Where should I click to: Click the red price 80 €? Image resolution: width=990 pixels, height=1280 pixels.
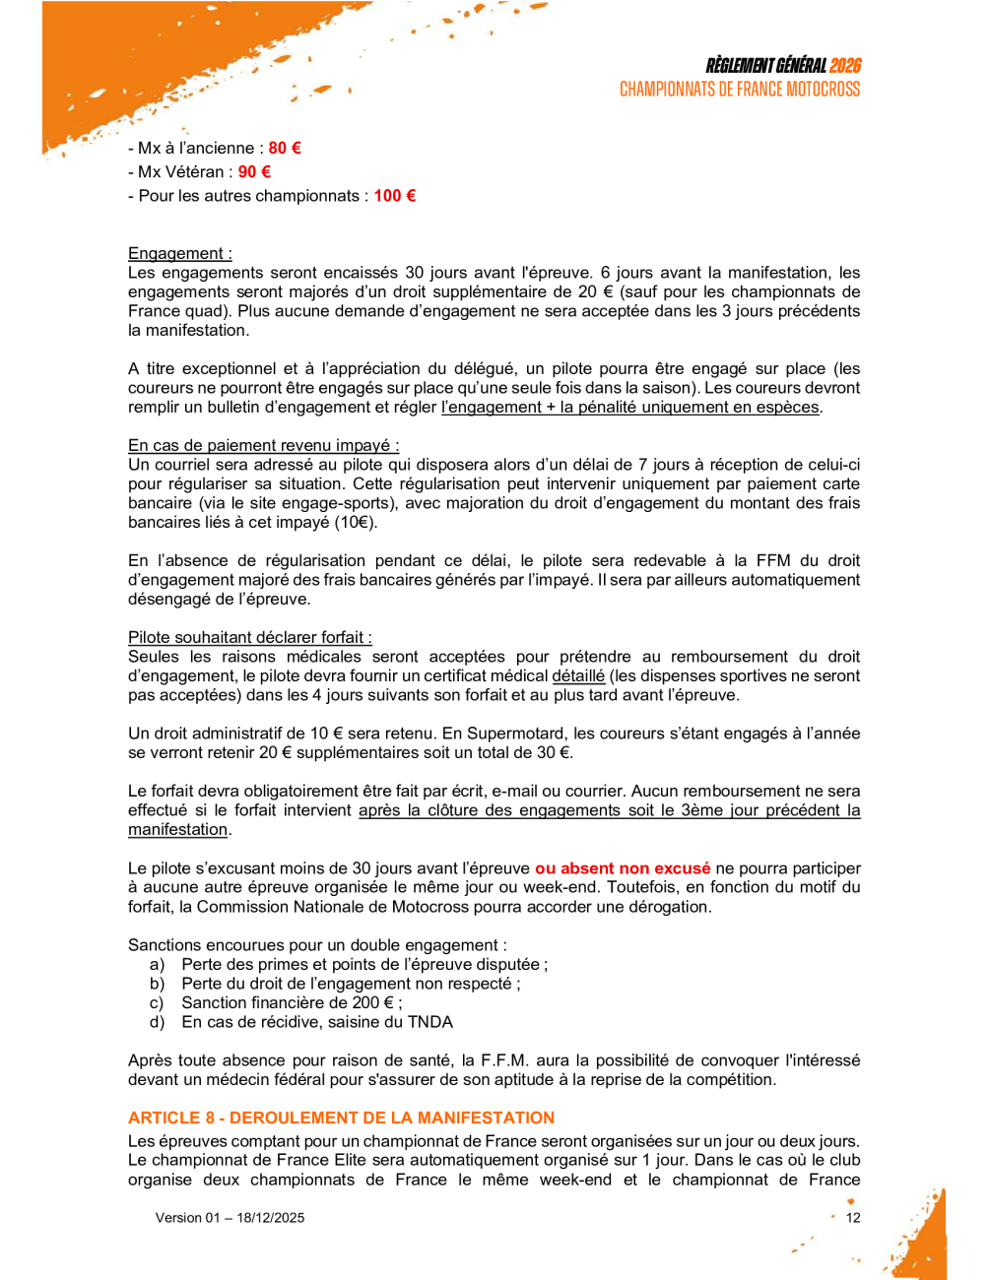point(285,148)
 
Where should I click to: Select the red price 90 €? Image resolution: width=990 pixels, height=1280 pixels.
point(254,171)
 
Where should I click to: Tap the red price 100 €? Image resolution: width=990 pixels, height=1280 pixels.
point(394,195)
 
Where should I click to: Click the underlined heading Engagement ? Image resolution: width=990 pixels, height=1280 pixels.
point(180,253)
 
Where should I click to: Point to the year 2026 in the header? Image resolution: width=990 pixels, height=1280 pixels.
point(845,66)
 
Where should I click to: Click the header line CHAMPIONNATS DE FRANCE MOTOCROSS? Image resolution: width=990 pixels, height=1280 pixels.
point(739,90)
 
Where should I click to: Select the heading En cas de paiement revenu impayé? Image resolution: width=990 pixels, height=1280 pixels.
point(263,445)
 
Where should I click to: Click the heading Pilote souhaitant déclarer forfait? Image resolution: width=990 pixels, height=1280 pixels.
point(250,637)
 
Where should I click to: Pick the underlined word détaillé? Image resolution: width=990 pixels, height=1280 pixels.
point(578,675)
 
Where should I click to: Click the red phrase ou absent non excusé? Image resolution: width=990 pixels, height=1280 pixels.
point(622,868)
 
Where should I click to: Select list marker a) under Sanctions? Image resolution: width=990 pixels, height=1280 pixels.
point(157,964)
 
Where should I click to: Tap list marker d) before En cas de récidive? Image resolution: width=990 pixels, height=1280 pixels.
point(157,1022)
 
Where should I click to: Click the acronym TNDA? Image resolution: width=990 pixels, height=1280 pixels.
point(430,1022)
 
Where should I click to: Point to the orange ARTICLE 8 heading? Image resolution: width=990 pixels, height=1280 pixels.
point(341,1118)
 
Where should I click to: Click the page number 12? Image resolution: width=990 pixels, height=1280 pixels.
point(853,1218)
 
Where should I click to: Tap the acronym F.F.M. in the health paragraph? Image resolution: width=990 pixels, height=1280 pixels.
point(505,1060)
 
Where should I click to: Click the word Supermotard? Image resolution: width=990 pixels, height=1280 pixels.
point(515,734)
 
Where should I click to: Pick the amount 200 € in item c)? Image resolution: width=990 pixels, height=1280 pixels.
point(372,1002)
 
